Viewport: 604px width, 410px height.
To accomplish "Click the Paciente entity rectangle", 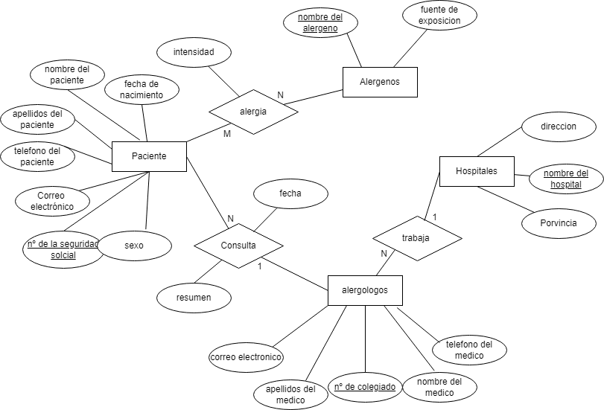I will [x=149, y=156].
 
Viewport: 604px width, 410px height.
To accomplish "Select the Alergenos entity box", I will [x=379, y=82].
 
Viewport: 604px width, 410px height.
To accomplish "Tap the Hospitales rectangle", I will [x=477, y=171].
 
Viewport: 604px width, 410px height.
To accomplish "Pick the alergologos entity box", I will [x=365, y=290].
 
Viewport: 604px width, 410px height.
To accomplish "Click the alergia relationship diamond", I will [x=253, y=112].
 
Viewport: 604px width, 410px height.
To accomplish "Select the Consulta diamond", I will [x=238, y=245].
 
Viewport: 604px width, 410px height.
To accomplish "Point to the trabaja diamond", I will [x=416, y=238].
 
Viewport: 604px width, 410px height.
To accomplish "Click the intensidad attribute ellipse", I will [x=194, y=52].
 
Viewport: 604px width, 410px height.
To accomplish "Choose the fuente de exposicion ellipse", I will [x=439, y=15].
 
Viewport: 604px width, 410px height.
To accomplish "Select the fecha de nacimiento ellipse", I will [x=142, y=89].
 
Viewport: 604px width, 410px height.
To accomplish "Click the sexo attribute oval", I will [x=134, y=245].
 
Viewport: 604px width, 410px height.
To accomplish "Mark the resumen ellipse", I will [x=194, y=298].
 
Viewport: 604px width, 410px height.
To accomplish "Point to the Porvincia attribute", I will [x=558, y=222].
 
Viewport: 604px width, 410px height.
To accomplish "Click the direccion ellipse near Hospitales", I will [x=558, y=126].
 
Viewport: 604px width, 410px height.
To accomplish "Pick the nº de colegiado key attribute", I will [x=364, y=387].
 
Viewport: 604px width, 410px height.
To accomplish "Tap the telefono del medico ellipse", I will [x=469, y=350].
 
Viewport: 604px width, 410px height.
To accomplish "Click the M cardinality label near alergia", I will [x=227, y=134].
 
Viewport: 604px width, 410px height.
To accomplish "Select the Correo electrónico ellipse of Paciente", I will [x=52, y=201].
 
